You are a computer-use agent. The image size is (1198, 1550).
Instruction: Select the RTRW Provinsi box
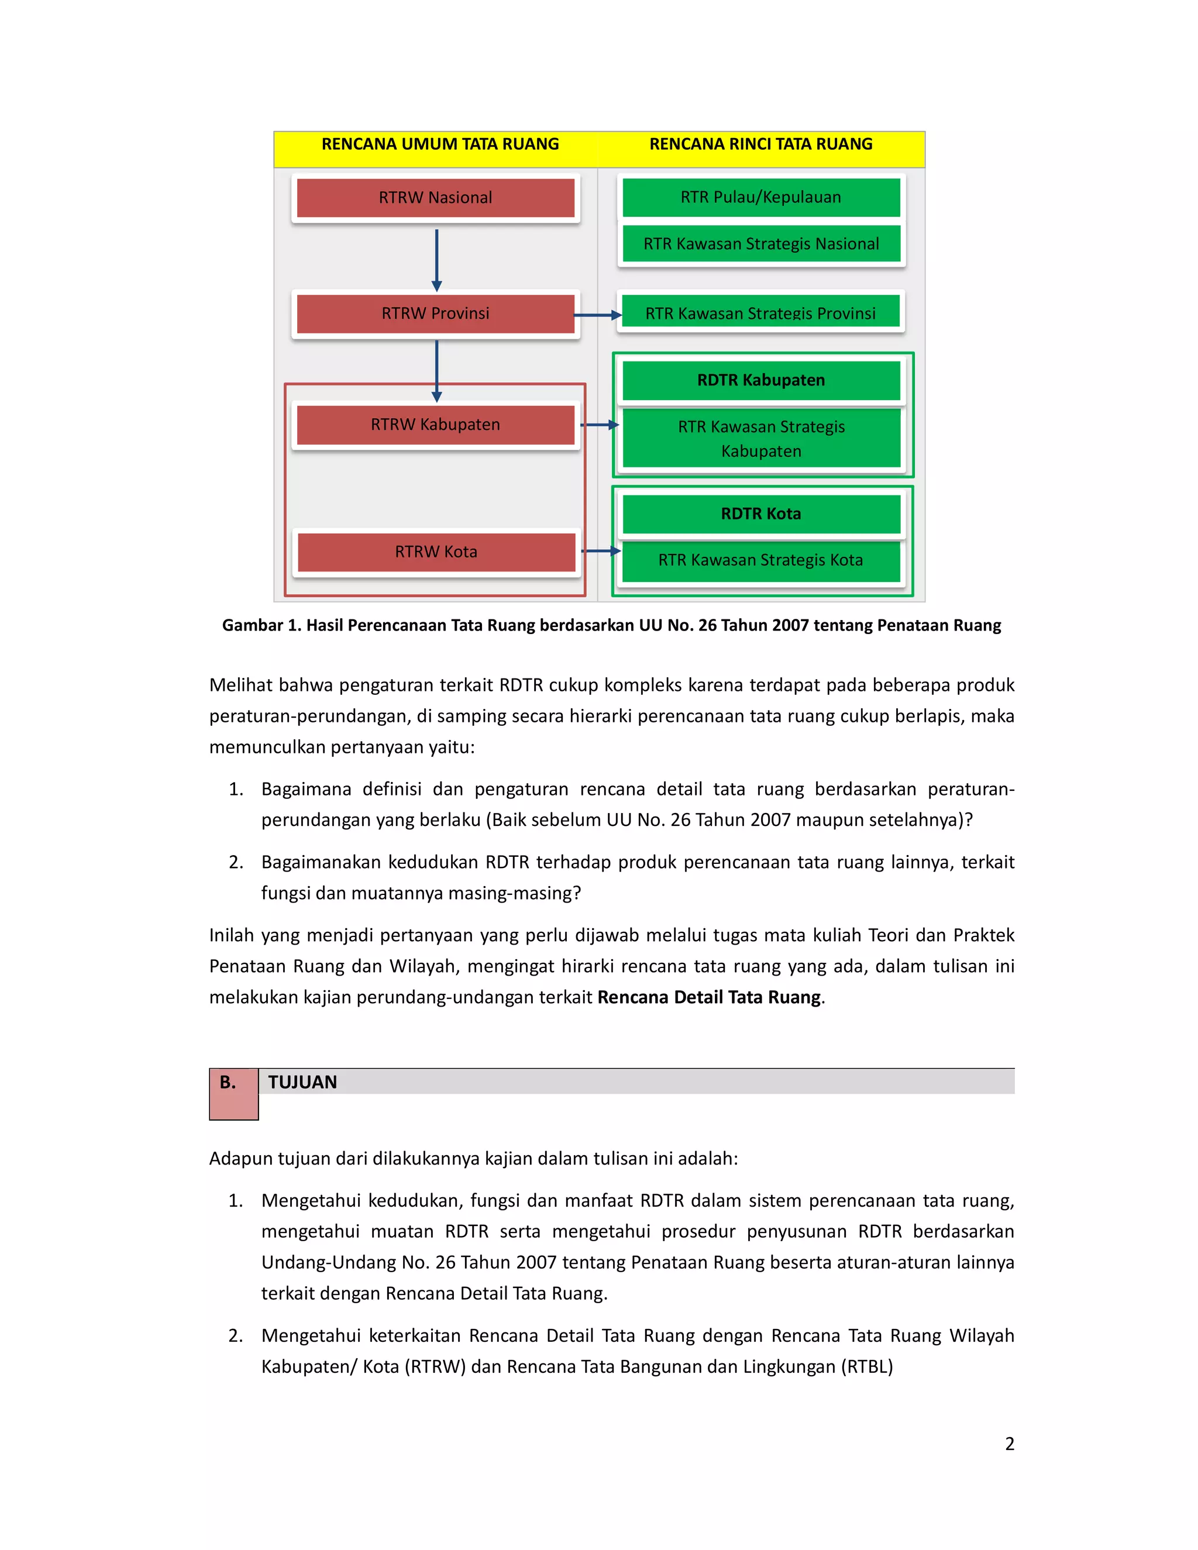(435, 313)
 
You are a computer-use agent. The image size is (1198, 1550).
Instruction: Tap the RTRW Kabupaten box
(435, 425)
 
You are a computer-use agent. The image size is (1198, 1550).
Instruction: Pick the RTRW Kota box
(436, 552)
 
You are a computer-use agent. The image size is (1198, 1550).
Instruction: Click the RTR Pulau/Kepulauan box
(761, 197)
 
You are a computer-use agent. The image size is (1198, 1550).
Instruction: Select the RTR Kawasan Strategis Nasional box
(761, 243)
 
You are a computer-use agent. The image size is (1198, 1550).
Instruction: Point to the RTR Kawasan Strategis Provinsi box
(761, 312)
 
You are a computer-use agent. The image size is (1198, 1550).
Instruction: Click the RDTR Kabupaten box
(761, 380)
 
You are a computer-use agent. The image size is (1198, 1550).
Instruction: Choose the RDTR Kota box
(761, 513)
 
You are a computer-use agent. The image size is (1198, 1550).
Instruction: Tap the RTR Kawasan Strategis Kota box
(761, 560)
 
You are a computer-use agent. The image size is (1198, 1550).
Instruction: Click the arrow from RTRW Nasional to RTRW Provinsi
(436, 259)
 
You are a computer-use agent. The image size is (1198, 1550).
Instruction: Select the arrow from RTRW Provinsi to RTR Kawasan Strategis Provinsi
(598, 315)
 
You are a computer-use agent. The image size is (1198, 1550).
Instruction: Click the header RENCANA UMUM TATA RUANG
(440, 144)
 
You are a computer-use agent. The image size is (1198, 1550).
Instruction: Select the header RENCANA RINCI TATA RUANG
(761, 144)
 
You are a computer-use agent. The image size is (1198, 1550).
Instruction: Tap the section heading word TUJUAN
(302, 1081)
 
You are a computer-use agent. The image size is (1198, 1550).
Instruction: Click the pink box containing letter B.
(233, 1094)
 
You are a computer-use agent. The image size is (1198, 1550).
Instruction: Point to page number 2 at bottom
(1009, 1444)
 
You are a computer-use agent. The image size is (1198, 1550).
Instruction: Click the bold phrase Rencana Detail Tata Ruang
(709, 997)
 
